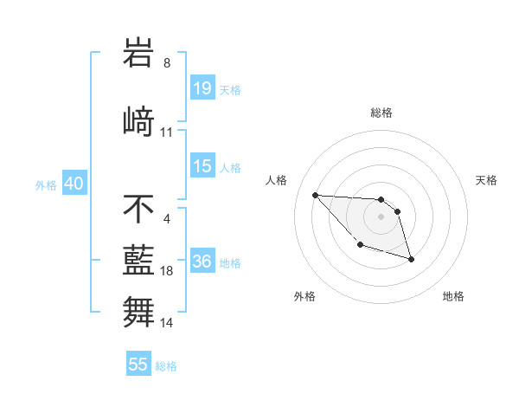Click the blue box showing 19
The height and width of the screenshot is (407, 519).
(x=202, y=88)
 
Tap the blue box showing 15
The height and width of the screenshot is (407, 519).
(x=202, y=166)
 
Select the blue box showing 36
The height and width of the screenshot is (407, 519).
(x=202, y=262)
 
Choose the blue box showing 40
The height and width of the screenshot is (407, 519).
(x=74, y=184)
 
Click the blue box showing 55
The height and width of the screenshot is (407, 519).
(x=138, y=365)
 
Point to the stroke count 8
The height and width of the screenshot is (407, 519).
(x=167, y=62)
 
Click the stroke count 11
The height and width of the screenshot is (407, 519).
(x=167, y=132)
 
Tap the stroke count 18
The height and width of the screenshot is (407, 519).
(x=167, y=271)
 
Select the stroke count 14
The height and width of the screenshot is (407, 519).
(x=167, y=322)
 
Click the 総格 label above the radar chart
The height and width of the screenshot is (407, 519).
(x=381, y=113)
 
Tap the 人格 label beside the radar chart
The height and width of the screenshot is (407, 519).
(x=277, y=180)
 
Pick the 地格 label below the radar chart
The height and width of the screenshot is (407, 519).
(x=453, y=296)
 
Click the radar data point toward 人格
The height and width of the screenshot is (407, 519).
(x=315, y=195)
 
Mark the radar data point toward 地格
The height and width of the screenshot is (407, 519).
(x=411, y=259)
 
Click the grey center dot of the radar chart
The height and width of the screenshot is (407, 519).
(x=381, y=216)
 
